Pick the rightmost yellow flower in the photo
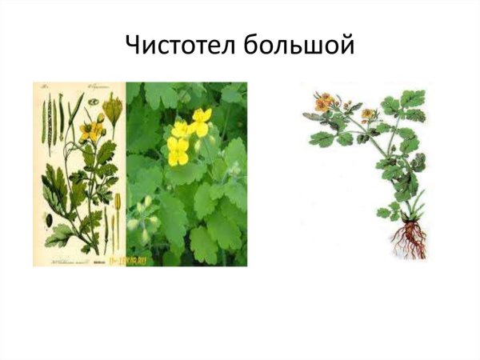[201, 122]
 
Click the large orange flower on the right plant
[324, 102]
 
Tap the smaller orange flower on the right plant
[367, 114]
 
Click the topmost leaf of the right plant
[414, 98]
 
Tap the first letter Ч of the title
[135, 46]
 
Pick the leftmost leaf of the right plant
[322, 138]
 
